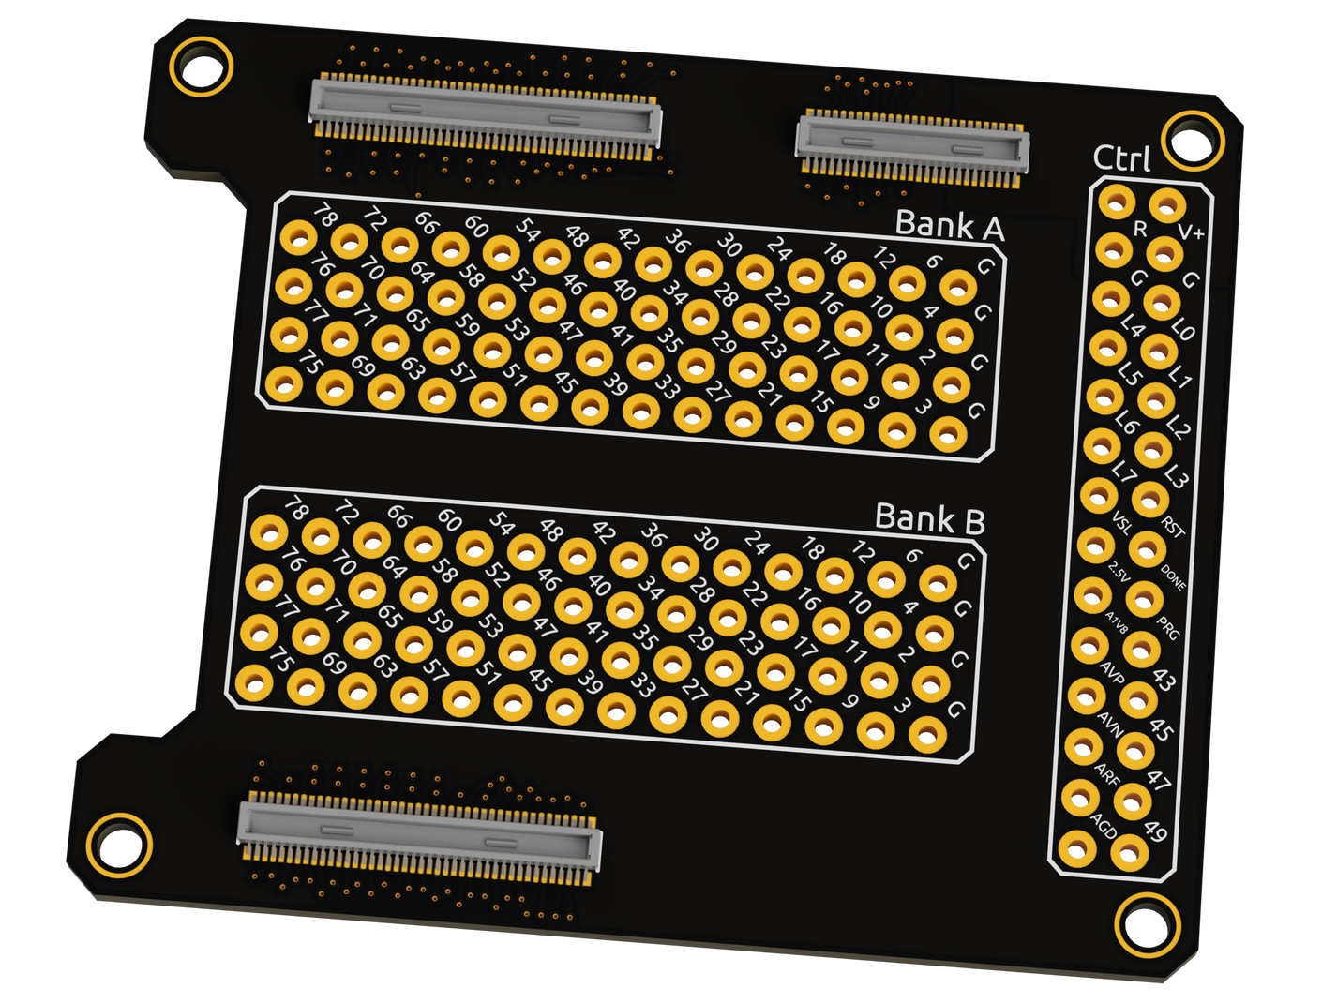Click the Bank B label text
929,517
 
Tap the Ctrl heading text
1121,158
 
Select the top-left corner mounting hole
201,67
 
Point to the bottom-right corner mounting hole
1146,925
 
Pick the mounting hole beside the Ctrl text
1192,140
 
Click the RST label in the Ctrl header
1173,527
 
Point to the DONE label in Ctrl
1173,577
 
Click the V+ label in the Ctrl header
1190,232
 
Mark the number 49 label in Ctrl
1155,831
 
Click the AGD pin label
1104,824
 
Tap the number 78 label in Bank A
324,216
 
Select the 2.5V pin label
1119,570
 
